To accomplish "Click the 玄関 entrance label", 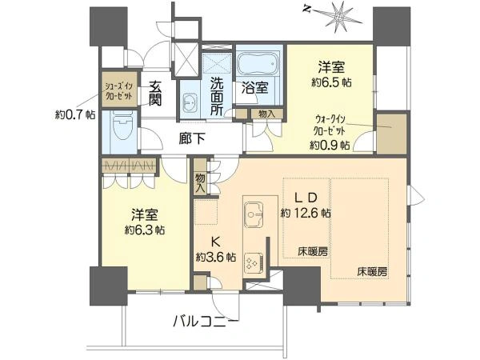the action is point(155,94).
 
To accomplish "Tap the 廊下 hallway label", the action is point(192,139).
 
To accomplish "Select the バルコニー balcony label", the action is point(205,322).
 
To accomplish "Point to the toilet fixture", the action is point(120,126).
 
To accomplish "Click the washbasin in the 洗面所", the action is point(190,101).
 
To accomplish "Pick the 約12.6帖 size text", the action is point(306,213).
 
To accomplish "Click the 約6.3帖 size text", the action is point(145,230).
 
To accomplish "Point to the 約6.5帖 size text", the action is point(331,82).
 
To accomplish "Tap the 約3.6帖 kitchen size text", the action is point(216,257).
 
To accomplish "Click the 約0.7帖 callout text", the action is point(75,114).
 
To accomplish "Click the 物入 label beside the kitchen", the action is point(200,183).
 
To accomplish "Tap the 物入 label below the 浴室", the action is point(266,114).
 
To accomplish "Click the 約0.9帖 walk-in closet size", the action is point(330,145).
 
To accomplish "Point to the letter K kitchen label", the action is point(216,242).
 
